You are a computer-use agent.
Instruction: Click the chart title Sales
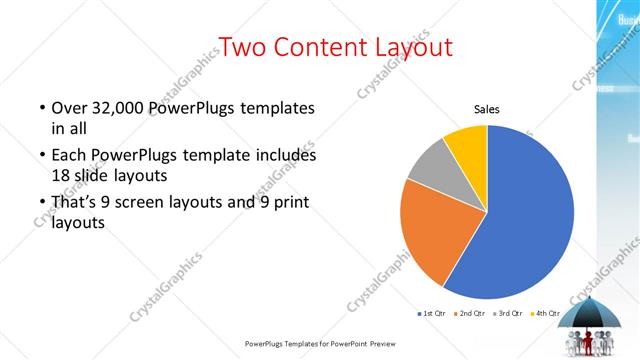487,110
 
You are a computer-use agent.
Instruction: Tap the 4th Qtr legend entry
546,315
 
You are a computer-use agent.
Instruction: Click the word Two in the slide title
244,47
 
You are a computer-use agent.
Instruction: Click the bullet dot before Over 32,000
42,108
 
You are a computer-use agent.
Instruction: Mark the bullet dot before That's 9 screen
42,204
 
